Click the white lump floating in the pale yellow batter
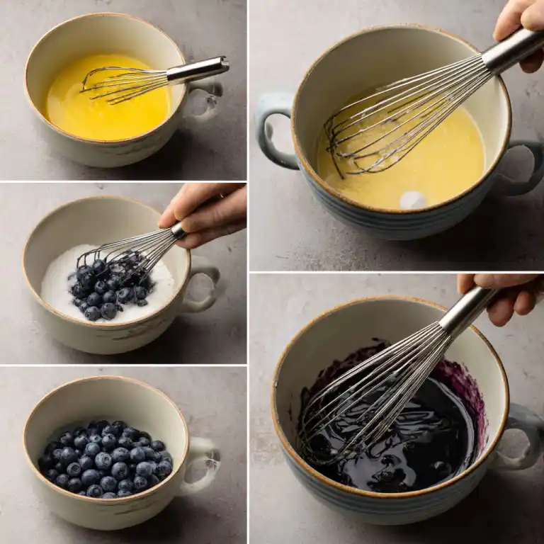click(413, 200)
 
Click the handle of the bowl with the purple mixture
click(524, 439)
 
